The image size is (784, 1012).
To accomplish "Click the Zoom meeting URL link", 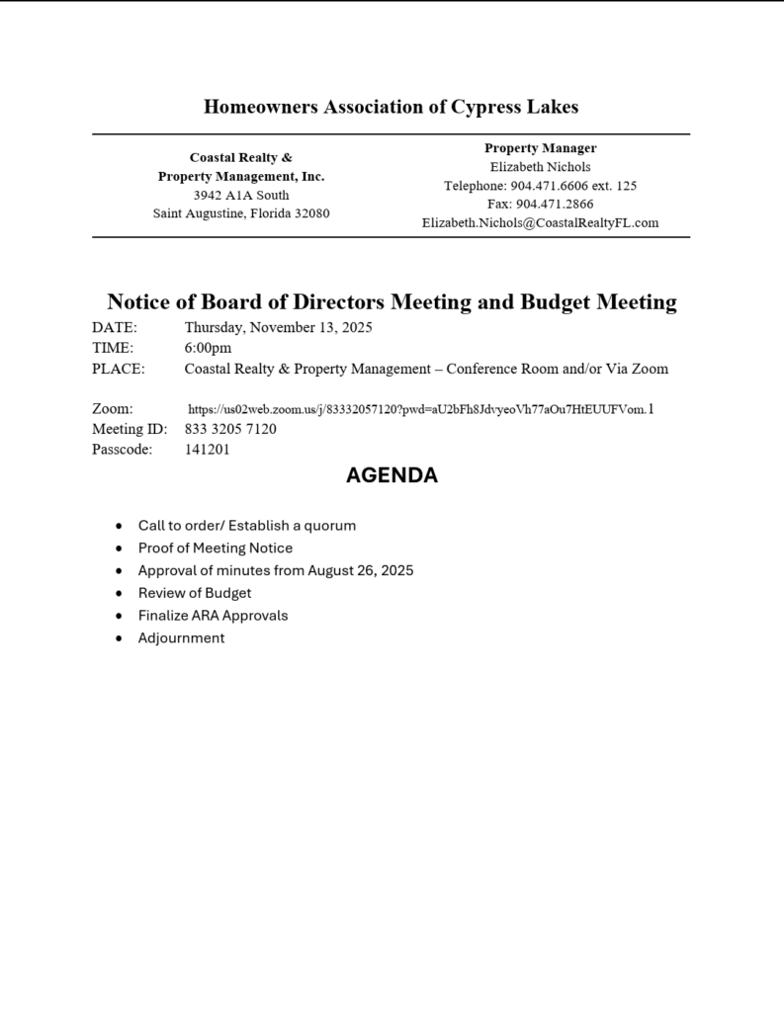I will (420, 409).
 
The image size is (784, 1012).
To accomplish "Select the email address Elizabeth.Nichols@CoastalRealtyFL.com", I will (540, 223).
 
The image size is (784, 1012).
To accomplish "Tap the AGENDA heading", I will (392, 475).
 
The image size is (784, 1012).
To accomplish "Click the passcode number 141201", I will (207, 449).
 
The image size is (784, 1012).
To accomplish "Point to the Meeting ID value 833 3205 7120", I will (230, 429).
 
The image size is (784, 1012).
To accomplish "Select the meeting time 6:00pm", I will (208, 348).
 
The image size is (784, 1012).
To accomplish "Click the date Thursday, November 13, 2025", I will (278, 327).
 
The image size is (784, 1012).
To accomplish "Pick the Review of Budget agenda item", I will (195, 593).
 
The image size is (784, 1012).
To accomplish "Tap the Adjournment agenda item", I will (181, 637).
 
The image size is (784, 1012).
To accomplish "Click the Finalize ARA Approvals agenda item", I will (213, 615).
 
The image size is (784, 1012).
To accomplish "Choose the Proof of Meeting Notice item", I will (216, 548).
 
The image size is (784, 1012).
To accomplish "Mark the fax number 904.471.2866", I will (555, 205).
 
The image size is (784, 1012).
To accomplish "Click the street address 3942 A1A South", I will (241, 195).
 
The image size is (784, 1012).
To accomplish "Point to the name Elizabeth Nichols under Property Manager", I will (540, 167).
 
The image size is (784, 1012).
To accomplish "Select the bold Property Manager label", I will (540, 148).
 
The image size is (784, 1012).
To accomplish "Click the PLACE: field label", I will (119, 369).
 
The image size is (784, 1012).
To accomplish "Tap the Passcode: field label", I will (123, 449).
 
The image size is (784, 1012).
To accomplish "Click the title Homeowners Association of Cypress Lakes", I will (392, 107).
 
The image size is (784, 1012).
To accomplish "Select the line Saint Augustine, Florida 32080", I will (241, 213).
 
